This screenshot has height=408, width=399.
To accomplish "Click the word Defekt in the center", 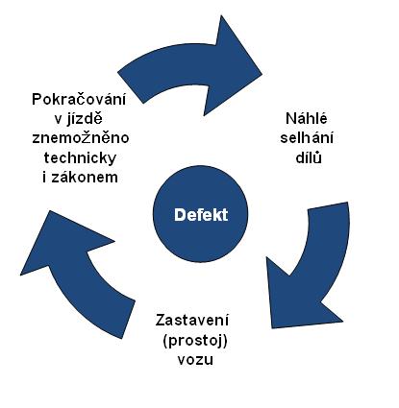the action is tap(201, 215).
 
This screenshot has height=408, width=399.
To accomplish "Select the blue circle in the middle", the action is tap(201, 214).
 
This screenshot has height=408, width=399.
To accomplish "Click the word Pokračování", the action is tap(79, 99).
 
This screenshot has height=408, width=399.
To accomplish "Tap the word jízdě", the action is tap(85, 119).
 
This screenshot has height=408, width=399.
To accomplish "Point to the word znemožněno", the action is tap(81, 138).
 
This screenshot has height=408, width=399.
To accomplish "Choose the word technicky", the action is tap(80, 157).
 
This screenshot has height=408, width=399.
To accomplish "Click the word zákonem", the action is tap(85, 177).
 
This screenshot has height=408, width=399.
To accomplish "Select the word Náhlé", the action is tap(307, 118).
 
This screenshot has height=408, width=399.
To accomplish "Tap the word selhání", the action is tap(307, 138).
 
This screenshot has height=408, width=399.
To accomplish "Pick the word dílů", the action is tap(309, 157).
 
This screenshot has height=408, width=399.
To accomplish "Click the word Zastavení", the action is tap(192, 321).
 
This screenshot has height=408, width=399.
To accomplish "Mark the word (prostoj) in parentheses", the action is tap(195, 341).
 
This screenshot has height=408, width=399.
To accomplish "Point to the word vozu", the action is tap(195, 360).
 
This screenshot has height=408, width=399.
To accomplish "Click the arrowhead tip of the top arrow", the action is tap(262, 74).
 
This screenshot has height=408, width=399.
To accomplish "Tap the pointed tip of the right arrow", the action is tap(272, 328).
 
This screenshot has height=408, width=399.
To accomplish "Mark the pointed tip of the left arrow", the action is tap(49, 210).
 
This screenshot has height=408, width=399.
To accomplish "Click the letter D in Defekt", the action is tap(179, 215).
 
